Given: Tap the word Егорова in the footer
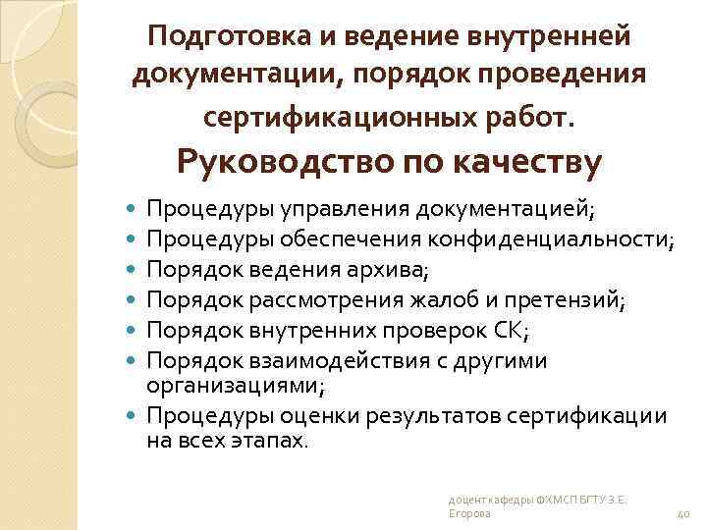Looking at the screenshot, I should (467, 515).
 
